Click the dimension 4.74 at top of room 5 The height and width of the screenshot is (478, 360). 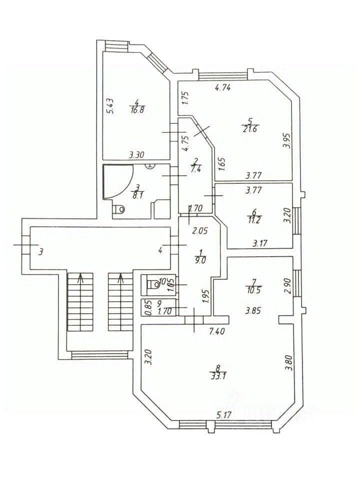click(x=223, y=88)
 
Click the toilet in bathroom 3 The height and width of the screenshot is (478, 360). click(x=119, y=210)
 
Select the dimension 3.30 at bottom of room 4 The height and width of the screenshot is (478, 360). click(x=137, y=155)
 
